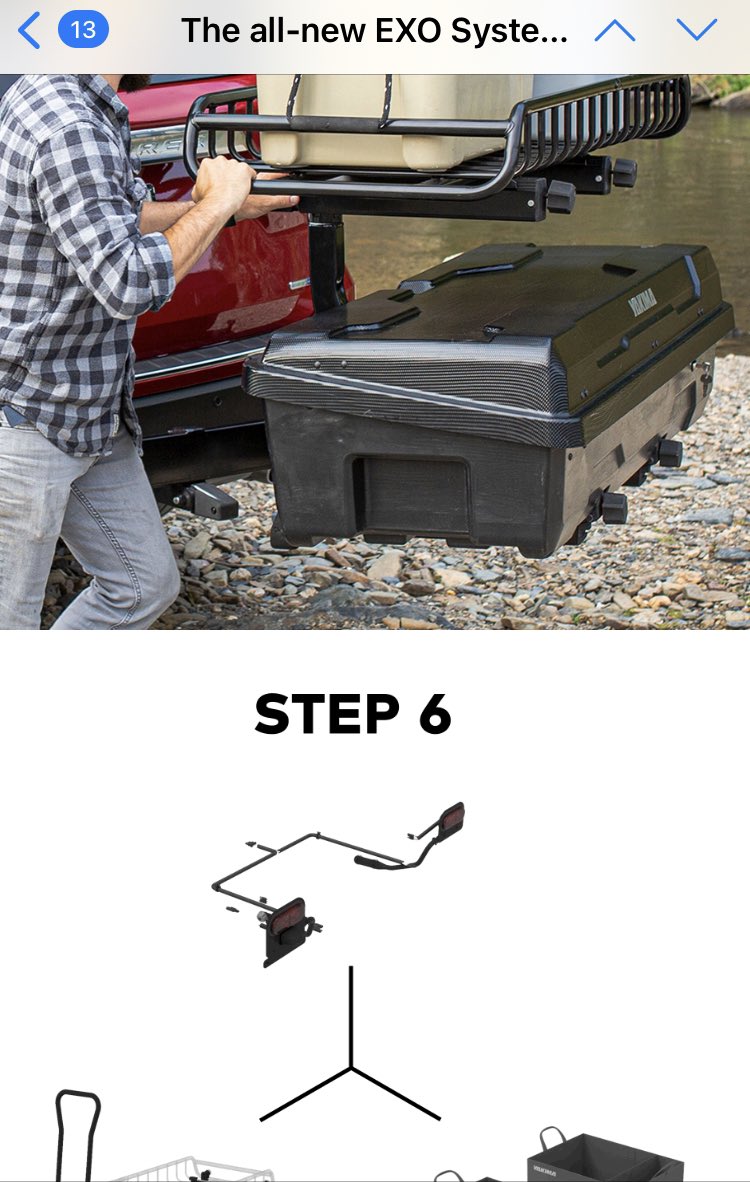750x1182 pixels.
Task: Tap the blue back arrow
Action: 29,31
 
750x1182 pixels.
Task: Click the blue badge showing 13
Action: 83,30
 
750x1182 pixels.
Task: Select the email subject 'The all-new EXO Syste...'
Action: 374,31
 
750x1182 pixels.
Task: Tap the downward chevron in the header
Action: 696,30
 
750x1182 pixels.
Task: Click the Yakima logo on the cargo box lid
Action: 640,304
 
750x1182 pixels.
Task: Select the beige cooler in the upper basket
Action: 390,120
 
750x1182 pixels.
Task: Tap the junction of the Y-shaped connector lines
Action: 350,1067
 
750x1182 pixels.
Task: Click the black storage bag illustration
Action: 600,1160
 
